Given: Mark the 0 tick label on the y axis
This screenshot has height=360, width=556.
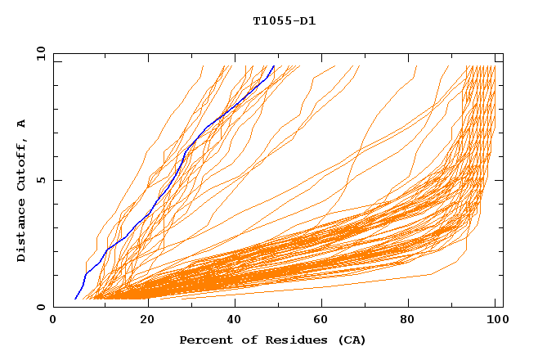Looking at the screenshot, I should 41,307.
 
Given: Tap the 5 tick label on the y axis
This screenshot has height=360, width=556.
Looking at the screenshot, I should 41,180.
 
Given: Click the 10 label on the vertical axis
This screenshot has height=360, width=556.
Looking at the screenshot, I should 38,54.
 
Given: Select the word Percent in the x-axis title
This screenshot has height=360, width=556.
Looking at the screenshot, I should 203,340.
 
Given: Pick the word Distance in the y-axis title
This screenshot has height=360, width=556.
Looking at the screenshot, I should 22,232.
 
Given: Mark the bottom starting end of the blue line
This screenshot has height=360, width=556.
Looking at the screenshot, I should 74,299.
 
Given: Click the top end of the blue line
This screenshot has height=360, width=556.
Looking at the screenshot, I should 275,66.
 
